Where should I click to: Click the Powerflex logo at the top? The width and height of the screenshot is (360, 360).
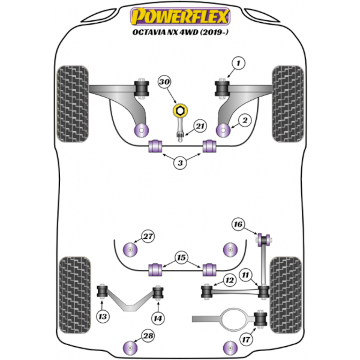[179, 14]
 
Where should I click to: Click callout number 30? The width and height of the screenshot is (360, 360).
[165, 82]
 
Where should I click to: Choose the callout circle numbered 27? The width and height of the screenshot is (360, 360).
[148, 236]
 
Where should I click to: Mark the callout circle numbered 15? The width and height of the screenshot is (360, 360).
[180, 258]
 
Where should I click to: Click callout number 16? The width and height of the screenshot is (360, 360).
[238, 224]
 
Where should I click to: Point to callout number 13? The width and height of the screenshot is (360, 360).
[104, 317]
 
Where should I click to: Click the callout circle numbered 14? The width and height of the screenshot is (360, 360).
[158, 317]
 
